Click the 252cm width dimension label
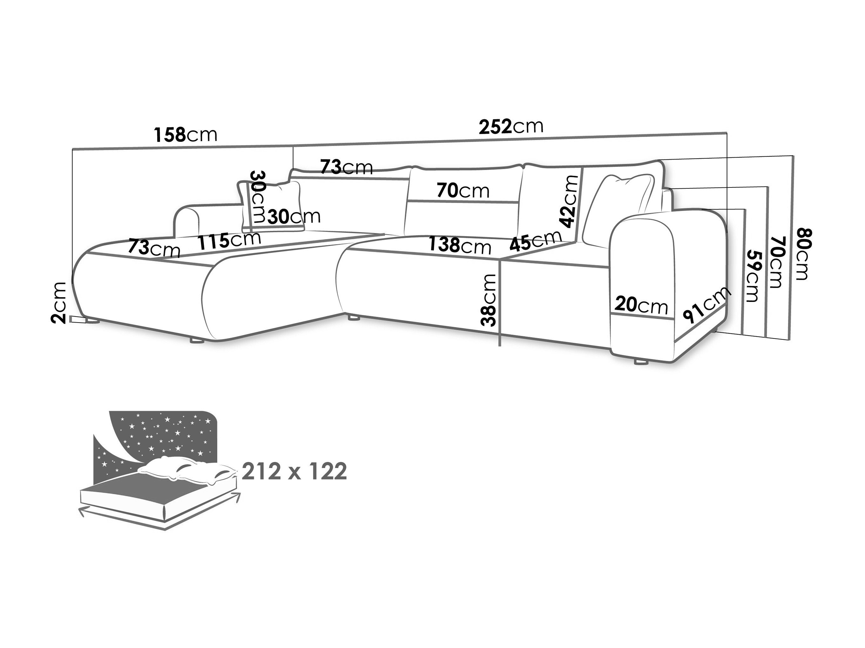point(511,126)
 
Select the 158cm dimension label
point(185,135)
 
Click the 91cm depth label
point(707,304)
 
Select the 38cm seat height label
point(489,300)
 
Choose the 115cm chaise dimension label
point(229,240)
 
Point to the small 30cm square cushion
point(272,206)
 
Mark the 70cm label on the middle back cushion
point(463,191)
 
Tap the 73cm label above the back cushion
point(346,167)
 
